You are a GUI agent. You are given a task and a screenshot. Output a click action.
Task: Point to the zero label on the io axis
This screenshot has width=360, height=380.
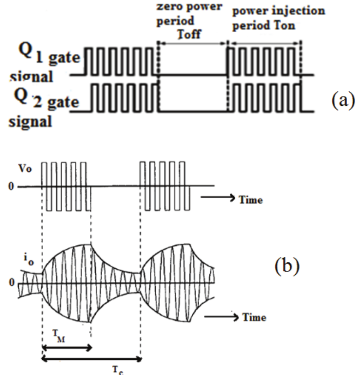click(12, 283)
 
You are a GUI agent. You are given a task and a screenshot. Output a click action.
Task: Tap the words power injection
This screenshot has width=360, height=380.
click(278, 11)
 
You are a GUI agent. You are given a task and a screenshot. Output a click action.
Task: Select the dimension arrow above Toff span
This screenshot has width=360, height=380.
click(192, 42)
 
